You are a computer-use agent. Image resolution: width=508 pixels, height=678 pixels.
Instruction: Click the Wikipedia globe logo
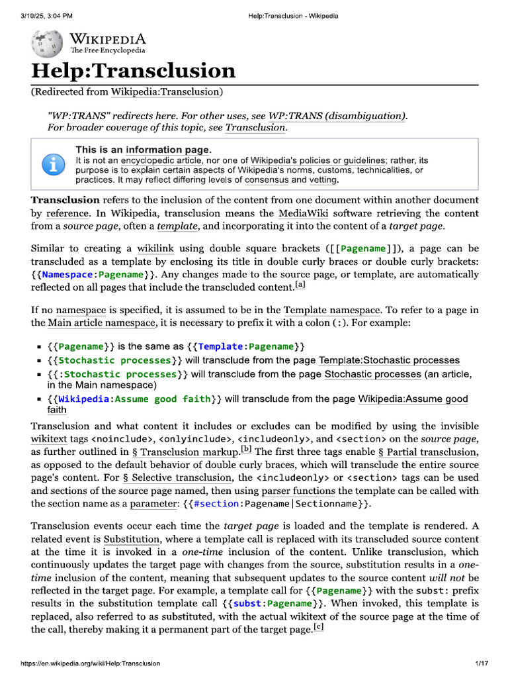48,43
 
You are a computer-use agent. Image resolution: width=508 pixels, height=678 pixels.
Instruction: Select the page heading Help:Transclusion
133,71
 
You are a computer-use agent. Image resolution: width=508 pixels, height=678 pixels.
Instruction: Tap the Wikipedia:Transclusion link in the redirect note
165,91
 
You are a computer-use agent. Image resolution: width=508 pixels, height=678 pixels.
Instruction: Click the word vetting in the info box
323,179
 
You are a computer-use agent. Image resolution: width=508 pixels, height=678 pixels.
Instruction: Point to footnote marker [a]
300,285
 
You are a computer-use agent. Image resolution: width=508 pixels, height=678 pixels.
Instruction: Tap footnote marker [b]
246,450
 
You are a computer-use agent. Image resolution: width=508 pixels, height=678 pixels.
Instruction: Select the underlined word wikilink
155,249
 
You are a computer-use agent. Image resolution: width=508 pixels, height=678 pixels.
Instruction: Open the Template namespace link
332,310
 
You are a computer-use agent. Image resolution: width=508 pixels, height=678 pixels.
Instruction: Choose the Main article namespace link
101,322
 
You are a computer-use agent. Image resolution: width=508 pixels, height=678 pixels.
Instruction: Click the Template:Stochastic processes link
389,360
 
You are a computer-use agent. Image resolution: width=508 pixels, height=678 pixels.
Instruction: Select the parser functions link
298,491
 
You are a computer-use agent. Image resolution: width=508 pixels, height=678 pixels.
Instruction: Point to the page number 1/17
481,663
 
